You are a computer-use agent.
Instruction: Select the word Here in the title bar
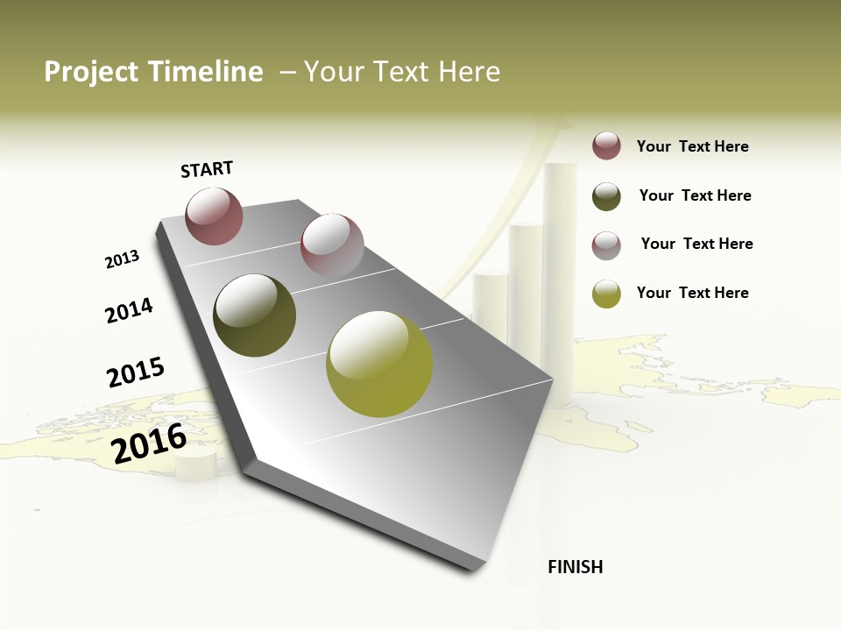pos(469,72)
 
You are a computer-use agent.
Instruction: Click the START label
pos(207,169)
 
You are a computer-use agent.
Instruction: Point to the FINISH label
pos(575,567)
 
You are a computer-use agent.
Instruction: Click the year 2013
pos(122,259)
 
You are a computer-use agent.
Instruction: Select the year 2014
pos(129,310)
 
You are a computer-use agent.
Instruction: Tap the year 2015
pos(136,372)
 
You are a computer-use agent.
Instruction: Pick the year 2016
pos(149,443)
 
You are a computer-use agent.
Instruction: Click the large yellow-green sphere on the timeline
pos(379,363)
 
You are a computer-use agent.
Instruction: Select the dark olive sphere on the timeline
pos(255,315)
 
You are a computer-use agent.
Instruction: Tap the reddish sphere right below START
pos(214,216)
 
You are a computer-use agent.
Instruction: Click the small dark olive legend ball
pos(606,196)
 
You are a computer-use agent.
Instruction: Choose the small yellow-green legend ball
pos(606,294)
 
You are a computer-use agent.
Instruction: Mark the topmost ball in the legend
pos(606,145)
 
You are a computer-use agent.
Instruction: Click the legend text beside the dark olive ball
pos(695,195)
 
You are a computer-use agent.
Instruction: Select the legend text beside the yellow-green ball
pos(692,293)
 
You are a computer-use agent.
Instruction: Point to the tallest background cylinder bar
pos(560,263)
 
